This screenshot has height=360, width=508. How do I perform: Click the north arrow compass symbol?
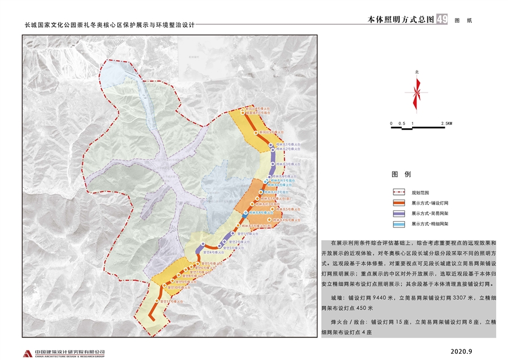[x=417, y=93]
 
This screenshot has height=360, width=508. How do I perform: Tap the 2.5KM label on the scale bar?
[x=446, y=123]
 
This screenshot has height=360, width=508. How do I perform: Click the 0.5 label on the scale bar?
[x=401, y=123]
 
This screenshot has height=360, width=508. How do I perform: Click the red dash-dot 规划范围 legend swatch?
[x=398, y=192]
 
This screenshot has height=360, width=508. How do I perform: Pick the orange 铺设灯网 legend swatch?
[x=398, y=203]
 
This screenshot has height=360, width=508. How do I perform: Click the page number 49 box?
[x=442, y=19]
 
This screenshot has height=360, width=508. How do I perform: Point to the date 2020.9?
[x=461, y=352]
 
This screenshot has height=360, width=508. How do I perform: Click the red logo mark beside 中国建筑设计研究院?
[x=27, y=353]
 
